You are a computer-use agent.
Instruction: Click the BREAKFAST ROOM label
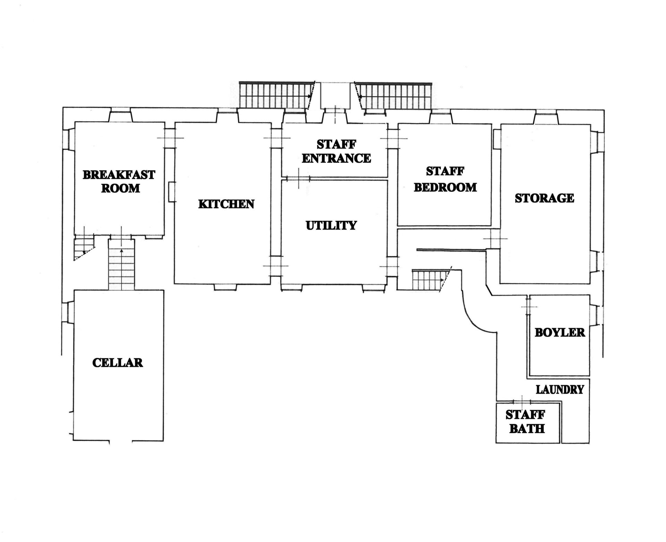pyautogui.click(x=119, y=181)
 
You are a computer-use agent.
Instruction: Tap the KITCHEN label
pyautogui.click(x=226, y=204)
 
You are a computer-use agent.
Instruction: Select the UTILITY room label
pyautogui.click(x=331, y=225)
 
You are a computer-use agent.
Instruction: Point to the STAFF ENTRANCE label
pyautogui.click(x=336, y=151)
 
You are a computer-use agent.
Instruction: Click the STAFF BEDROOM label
pyautogui.click(x=445, y=180)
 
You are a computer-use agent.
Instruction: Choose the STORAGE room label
pyautogui.click(x=544, y=198)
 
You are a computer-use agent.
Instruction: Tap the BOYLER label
pyautogui.click(x=560, y=332)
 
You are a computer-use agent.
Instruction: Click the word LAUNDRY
pyautogui.click(x=560, y=390)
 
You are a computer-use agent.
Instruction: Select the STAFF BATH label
pyautogui.click(x=526, y=422)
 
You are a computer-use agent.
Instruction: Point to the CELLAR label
pyautogui.click(x=118, y=363)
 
